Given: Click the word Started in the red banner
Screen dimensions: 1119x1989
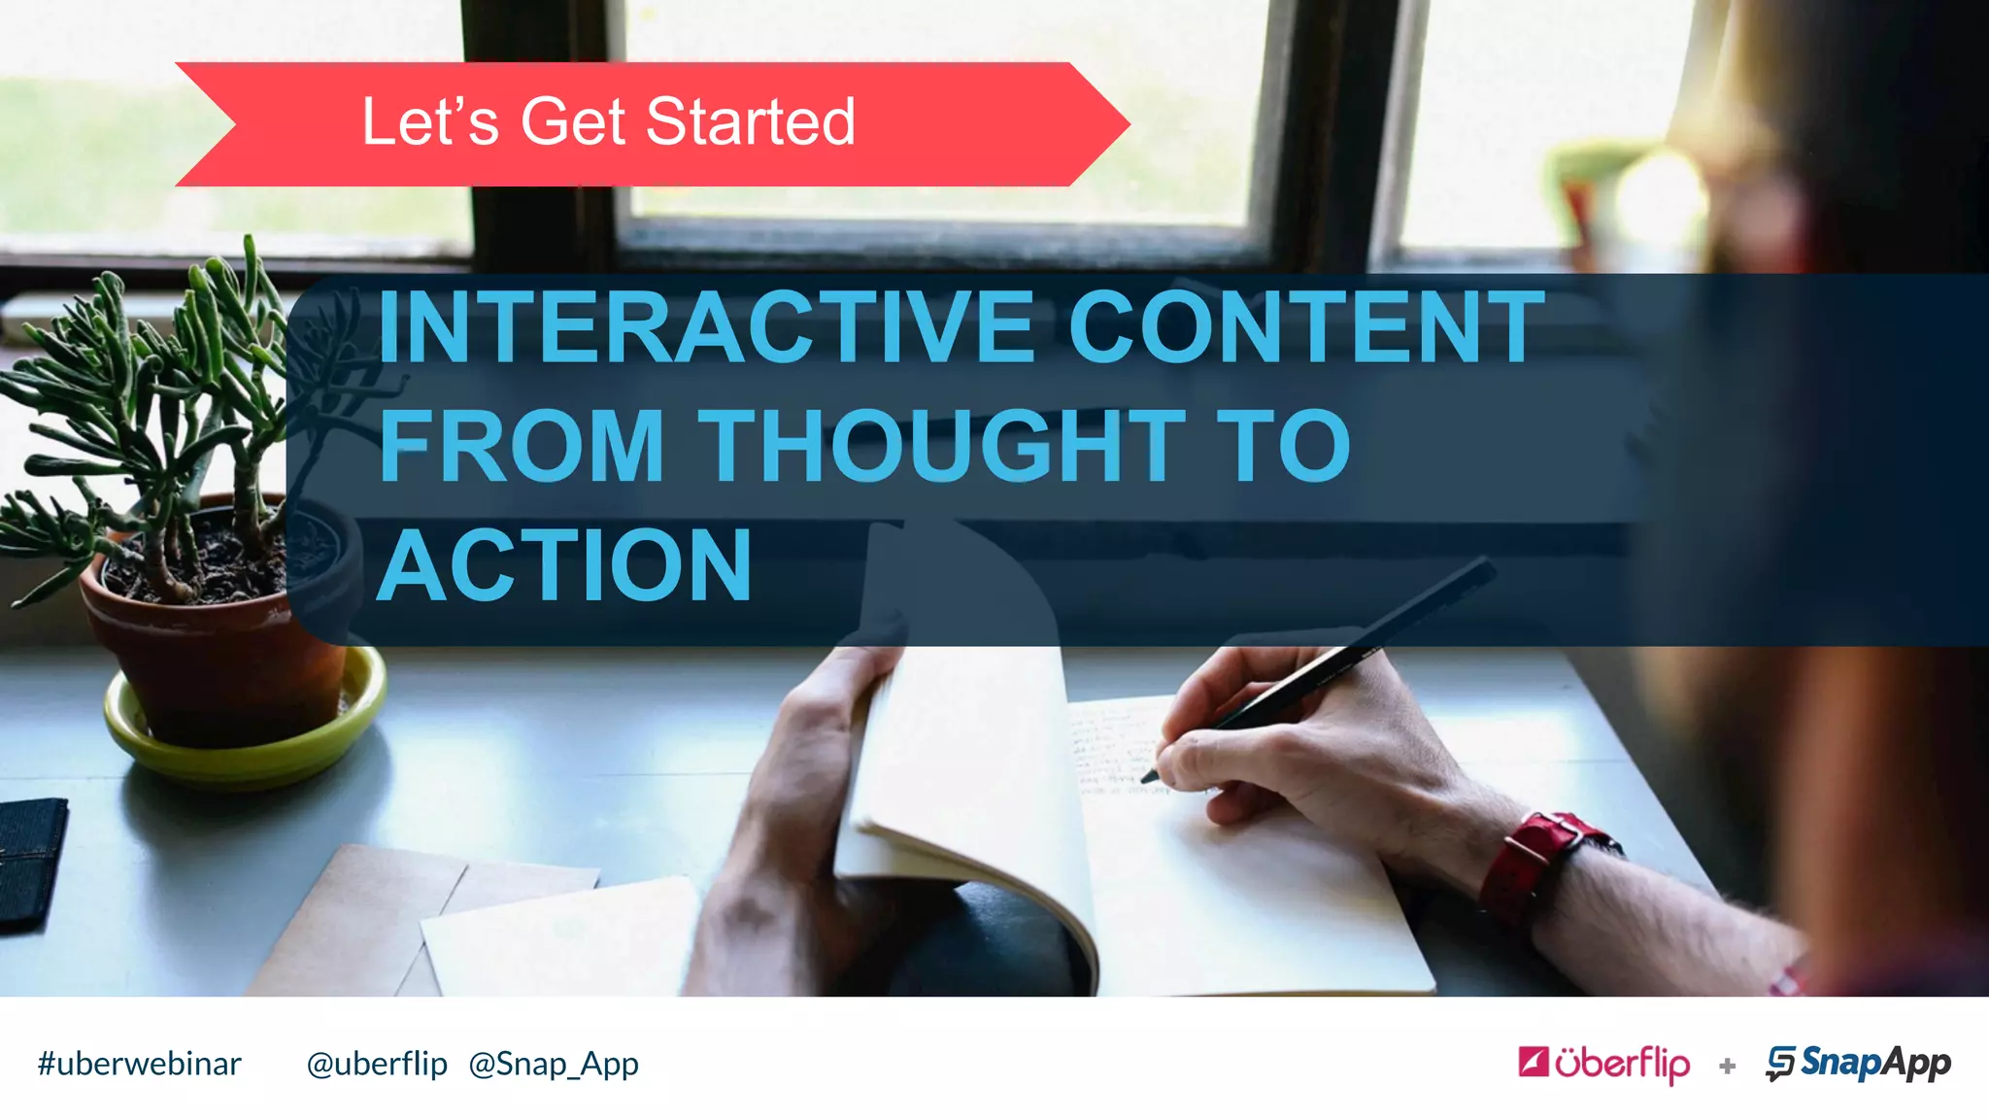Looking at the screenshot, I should [x=750, y=122].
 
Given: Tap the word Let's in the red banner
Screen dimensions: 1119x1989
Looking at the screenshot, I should [x=430, y=122].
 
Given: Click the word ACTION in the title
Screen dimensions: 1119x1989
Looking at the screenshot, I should [x=564, y=565].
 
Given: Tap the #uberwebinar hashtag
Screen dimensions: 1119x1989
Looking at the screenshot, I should [x=139, y=1065].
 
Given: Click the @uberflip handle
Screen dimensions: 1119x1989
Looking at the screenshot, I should [x=377, y=1065].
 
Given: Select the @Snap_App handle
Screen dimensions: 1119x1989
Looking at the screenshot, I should [x=554, y=1065].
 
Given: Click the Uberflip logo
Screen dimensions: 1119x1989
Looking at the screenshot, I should [x=1603, y=1064].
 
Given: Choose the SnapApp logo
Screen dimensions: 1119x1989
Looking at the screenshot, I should [x=1858, y=1064].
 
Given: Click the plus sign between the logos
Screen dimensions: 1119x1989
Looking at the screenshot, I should [x=1727, y=1067].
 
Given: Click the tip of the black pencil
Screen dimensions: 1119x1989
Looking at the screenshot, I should [x=1149, y=777].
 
